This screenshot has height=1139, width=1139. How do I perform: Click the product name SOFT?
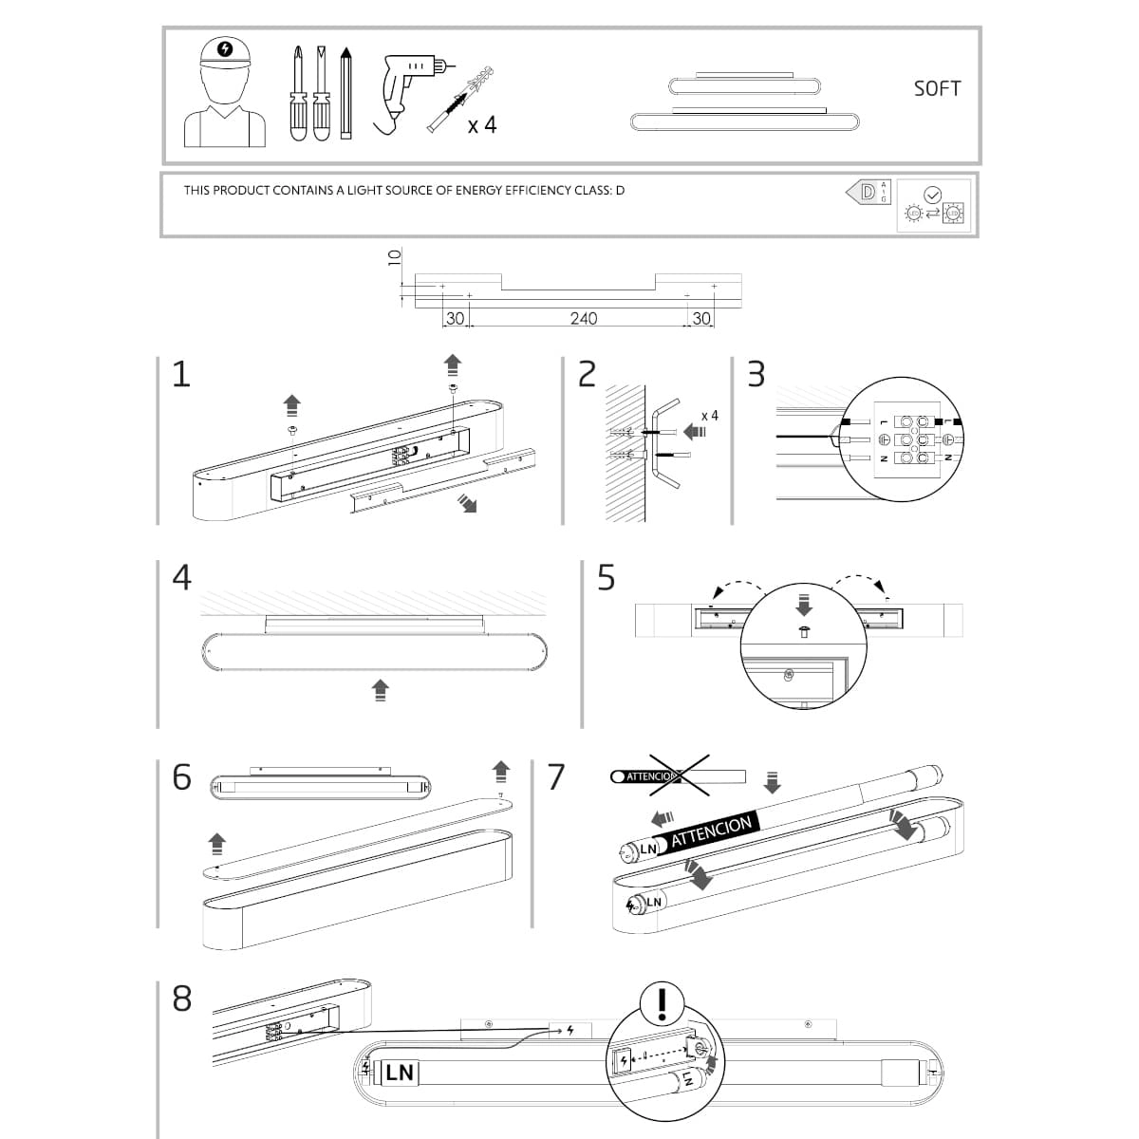coord(937,88)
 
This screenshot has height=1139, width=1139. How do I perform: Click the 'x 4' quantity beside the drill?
coord(482,124)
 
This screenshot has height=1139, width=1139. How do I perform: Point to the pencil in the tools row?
coord(345,93)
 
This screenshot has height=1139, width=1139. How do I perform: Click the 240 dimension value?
coord(583,319)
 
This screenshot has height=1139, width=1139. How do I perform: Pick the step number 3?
coord(756,374)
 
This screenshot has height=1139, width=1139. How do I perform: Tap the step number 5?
coord(606,577)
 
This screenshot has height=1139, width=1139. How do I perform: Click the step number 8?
coord(181,999)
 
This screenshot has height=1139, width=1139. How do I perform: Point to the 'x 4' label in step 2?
coord(709,416)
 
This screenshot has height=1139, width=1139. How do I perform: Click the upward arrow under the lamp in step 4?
coord(380,689)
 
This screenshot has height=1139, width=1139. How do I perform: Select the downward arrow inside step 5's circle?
coord(804,605)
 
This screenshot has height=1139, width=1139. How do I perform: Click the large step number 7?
coord(556,776)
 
